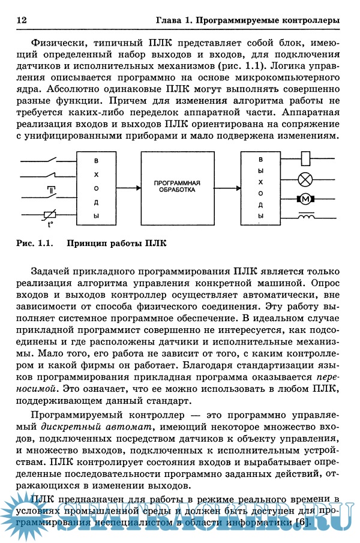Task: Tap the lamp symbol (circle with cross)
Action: coord(307,178)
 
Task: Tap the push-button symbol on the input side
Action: coord(51,190)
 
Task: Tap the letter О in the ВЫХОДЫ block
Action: coord(260,194)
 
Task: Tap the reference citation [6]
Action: coord(303,522)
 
